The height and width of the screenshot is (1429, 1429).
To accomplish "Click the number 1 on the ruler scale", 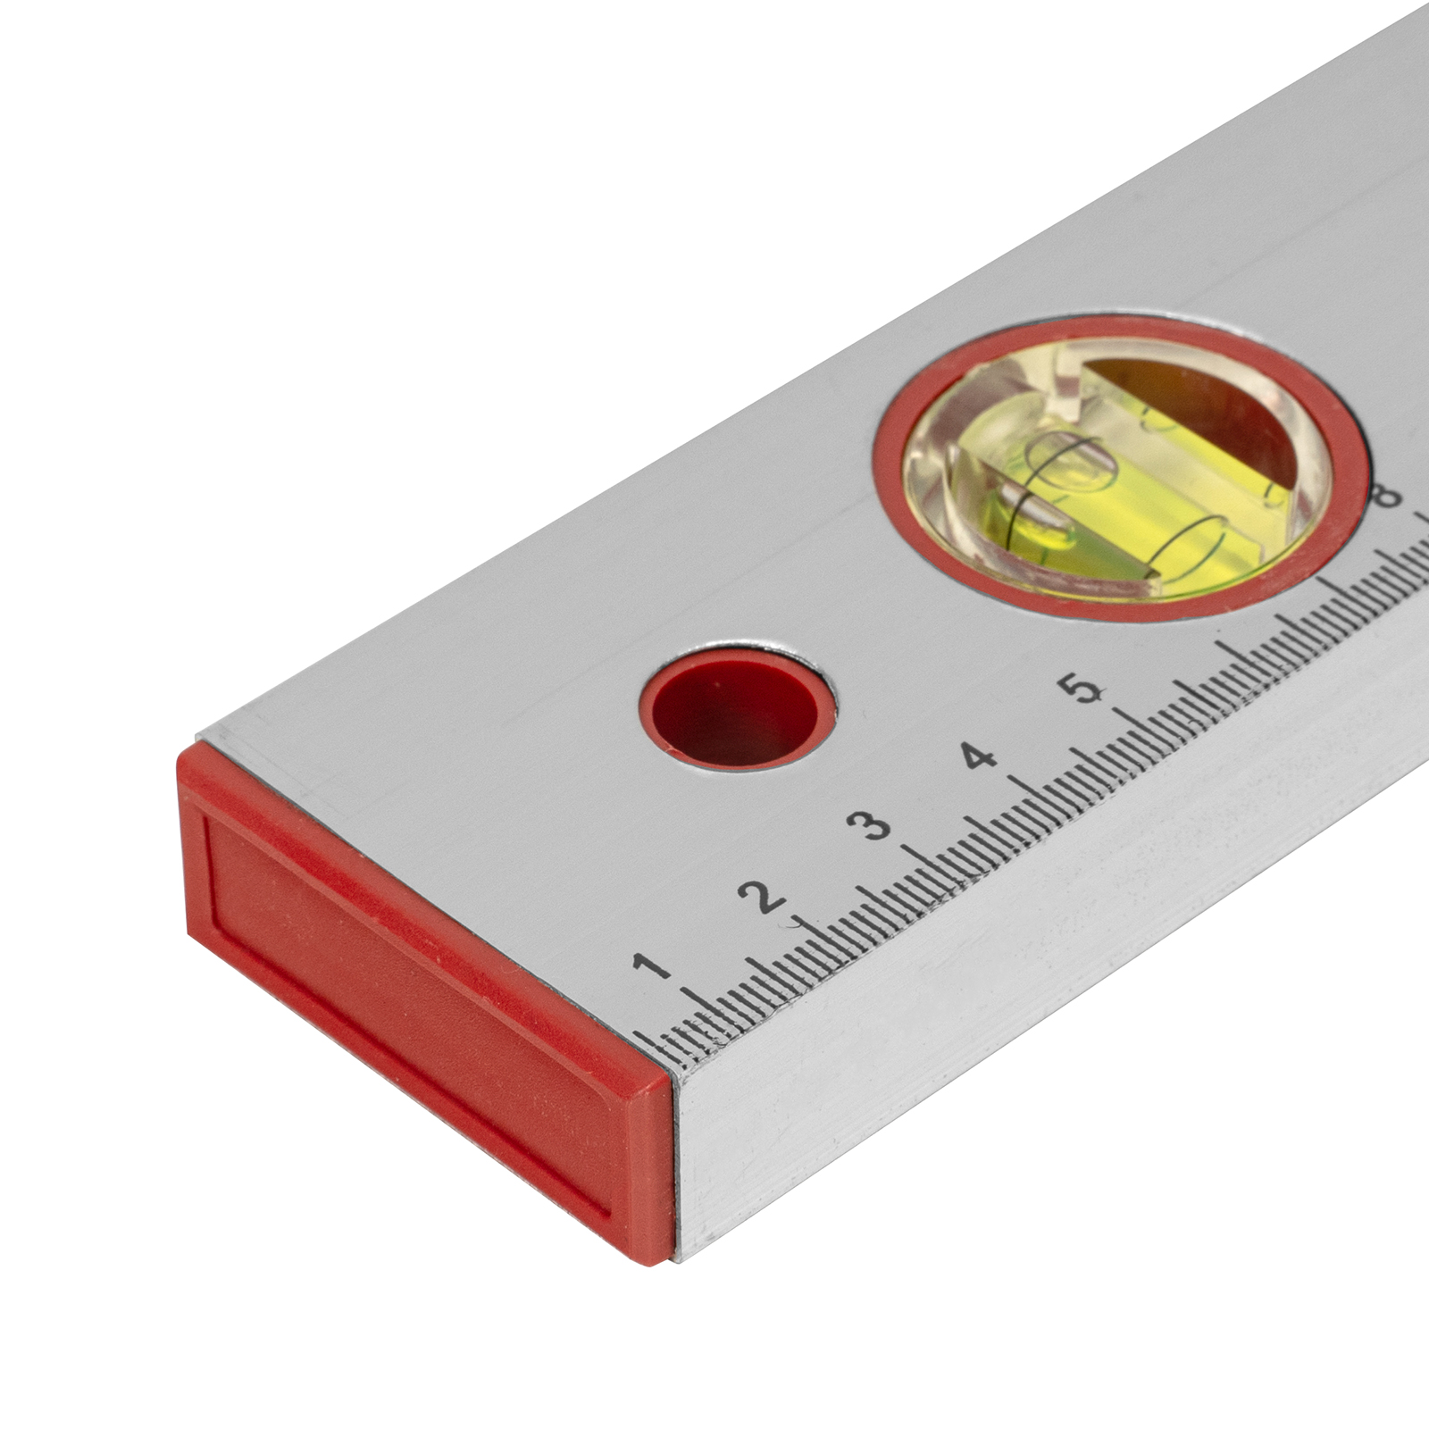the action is [x=652, y=967].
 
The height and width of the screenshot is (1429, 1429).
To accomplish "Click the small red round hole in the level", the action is [x=738, y=706].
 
